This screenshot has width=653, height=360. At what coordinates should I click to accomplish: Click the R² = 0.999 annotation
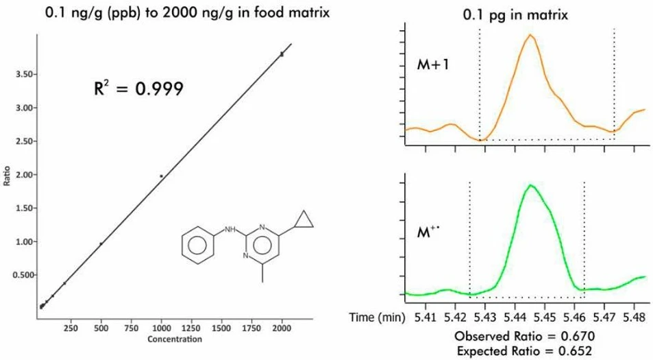click(138, 89)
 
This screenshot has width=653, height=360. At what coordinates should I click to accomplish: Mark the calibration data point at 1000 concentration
click(162, 176)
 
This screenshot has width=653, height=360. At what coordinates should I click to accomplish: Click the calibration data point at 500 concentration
click(101, 243)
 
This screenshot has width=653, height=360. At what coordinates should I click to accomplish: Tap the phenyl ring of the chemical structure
click(199, 245)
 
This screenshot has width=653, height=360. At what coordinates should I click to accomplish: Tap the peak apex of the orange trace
click(529, 35)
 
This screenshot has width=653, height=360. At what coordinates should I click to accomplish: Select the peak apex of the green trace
click(530, 185)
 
